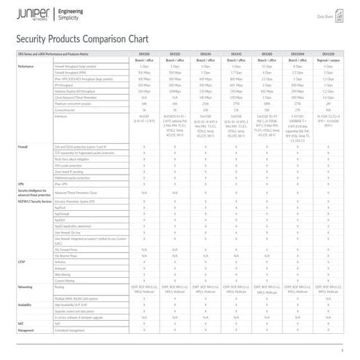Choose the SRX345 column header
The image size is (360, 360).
click(236, 54)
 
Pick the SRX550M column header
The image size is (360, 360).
click(298, 54)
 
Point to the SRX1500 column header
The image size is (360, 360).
click(328, 54)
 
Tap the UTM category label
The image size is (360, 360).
click(21, 260)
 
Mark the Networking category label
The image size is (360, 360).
click(27, 288)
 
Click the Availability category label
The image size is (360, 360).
click(26, 305)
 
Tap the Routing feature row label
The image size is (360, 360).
click(61, 288)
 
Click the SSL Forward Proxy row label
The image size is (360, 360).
click(69, 248)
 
